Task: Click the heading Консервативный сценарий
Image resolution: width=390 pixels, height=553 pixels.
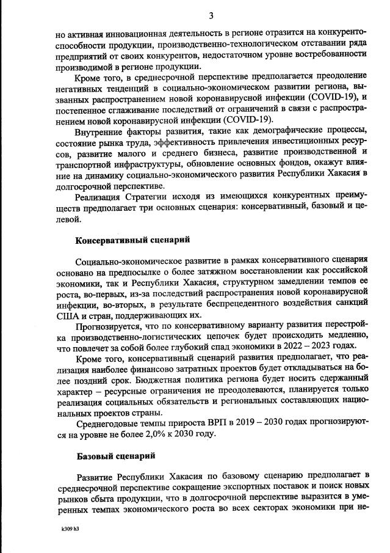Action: click(x=132, y=240)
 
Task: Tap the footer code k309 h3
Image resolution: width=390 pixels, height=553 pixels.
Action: click(x=70, y=529)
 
